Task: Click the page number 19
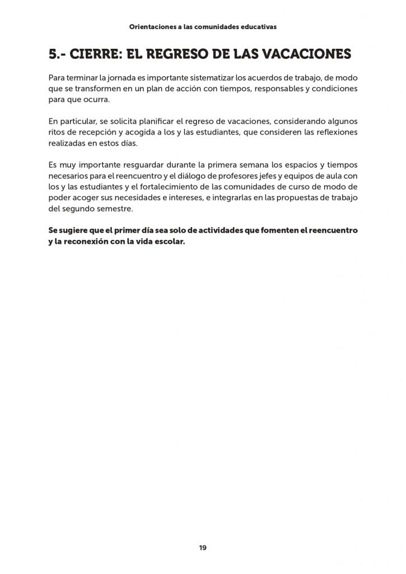pos(203,548)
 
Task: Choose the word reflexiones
pos(330,132)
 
